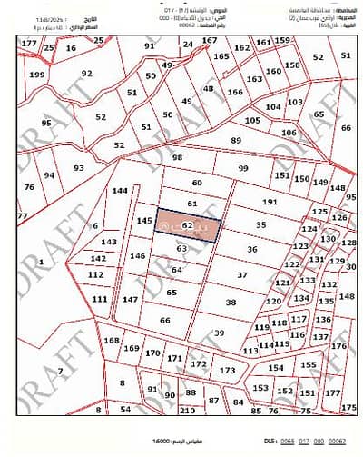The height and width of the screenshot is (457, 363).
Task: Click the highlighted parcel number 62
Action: pos(186,224)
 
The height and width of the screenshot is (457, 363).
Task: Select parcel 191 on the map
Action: pos(269,201)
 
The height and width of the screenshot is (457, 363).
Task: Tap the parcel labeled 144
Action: pos(120,192)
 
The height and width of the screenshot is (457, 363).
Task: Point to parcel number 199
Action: pos(36,75)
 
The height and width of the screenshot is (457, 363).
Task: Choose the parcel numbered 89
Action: pos(236,140)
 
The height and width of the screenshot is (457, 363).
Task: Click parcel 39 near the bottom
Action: pos(219,333)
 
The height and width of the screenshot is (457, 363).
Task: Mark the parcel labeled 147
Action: pos(130,299)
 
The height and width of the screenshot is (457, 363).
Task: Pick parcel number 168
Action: pos(112,341)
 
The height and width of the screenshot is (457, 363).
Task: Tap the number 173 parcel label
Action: pos(228,371)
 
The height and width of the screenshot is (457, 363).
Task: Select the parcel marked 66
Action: pos(164,320)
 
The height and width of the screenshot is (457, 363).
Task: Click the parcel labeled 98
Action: pos(177,157)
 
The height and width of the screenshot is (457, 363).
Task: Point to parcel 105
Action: pos(252,120)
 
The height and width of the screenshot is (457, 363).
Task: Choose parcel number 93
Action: pos(79,167)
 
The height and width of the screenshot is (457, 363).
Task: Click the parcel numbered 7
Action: pos(60,371)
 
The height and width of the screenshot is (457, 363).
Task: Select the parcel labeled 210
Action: pos(188,410)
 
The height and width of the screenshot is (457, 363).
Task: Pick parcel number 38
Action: pos(231,303)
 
